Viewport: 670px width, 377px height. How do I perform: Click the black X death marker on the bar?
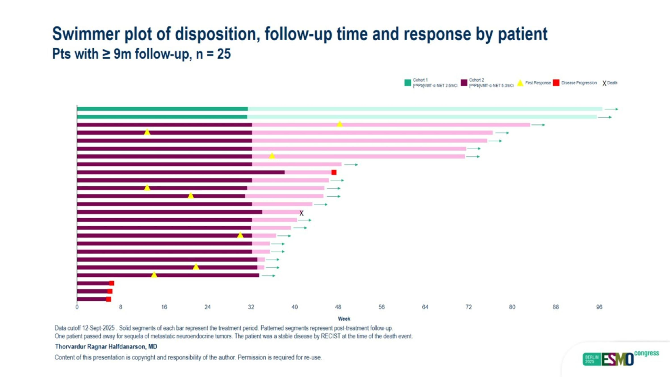pyautogui.click(x=301, y=213)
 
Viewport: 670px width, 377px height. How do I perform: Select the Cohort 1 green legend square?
pyautogui.click(x=408, y=83)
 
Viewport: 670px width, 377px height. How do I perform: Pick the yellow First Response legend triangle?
pyautogui.click(x=520, y=83)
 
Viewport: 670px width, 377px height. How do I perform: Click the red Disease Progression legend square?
pyautogui.click(x=556, y=83)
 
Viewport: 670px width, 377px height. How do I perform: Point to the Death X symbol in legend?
pyautogui.click(x=604, y=83)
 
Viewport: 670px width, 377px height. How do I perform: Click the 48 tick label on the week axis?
pyautogui.click(x=338, y=307)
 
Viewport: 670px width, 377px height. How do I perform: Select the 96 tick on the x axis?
pyautogui.click(x=599, y=307)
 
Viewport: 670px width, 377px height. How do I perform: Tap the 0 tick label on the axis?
pyautogui.click(x=77, y=307)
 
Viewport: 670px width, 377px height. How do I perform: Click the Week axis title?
pyautogui.click(x=344, y=319)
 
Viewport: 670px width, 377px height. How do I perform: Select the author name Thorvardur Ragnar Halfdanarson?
pyautogui.click(x=106, y=347)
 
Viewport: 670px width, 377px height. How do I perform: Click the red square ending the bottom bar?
pyautogui.click(x=109, y=299)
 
